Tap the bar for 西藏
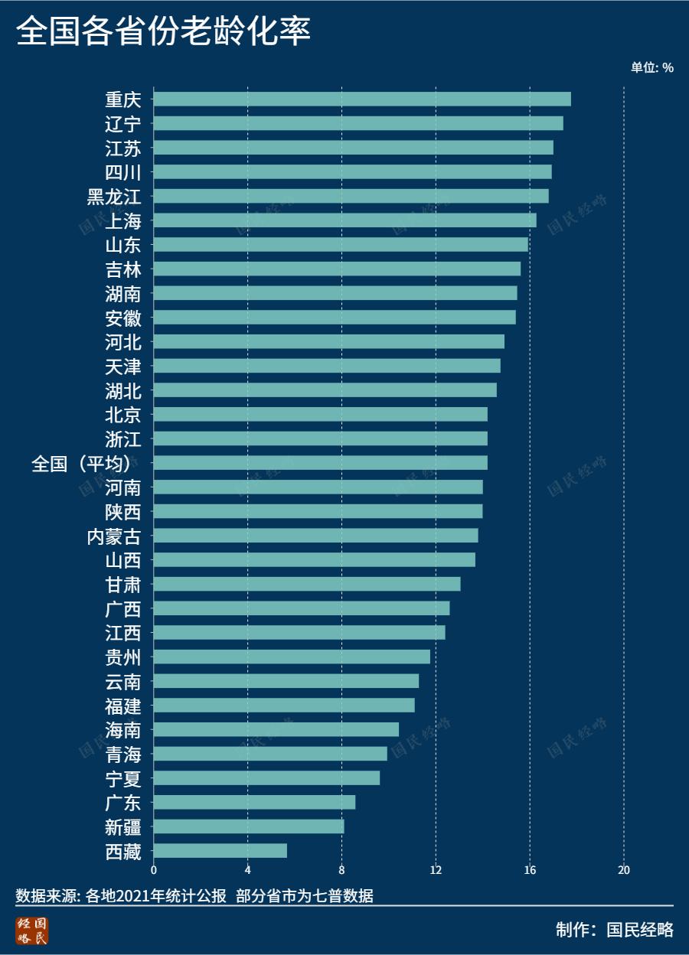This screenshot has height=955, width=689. [x=220, y=851]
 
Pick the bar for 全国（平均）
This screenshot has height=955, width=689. [x=320, y=463]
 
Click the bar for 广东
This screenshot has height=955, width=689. [x=254, y=802]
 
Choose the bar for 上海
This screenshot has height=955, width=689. [x=344, y=220]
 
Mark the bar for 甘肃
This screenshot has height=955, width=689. [x=307, y=584]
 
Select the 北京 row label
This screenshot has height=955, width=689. [x=123, y=415]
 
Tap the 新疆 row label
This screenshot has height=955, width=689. [x=123, y=827]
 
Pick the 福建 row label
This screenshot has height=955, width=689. [x=123, y=706]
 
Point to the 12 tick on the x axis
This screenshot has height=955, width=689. [x=436, y=870]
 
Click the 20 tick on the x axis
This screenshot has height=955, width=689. [x=624, y=870]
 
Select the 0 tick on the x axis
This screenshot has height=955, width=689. [x=154, y=870]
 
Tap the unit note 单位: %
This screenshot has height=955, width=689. [x=651, y=67]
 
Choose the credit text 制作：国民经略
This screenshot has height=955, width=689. [x=615, y=930]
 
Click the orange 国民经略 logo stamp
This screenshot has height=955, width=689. [x=31, y=931]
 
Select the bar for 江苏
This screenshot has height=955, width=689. [x=353, y=148]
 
